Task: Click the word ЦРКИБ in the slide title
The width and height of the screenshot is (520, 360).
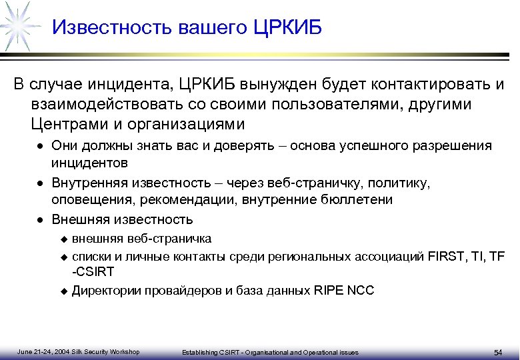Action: point(288,28)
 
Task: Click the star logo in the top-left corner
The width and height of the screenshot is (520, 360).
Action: point(18,24)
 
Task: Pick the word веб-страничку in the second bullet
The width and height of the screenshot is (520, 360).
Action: point(304,183)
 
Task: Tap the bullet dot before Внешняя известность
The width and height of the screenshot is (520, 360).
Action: point(41,220)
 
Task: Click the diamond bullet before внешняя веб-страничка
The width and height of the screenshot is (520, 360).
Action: point(64,239)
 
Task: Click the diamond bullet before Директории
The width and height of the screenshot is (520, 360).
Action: point(64,291)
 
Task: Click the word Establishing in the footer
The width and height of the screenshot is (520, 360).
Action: point(197,352)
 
